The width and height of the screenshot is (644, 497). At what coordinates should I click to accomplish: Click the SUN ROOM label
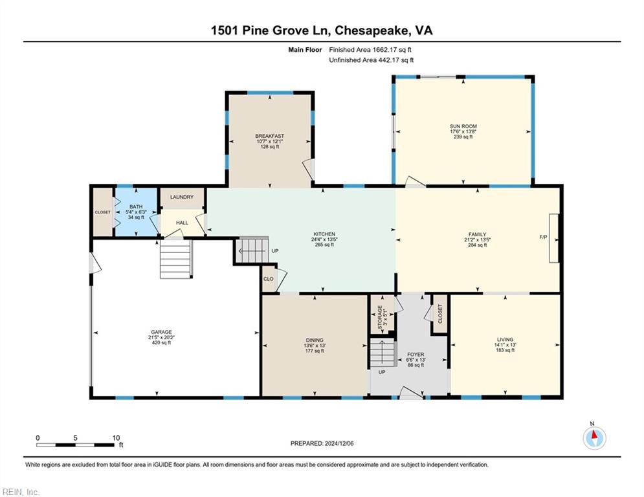click(463, 126)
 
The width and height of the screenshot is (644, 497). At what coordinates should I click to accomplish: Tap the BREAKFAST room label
click(269, 136)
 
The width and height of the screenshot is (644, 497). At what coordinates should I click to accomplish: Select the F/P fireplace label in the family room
click(543, 237)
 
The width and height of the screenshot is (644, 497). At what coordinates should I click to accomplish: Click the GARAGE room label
click(161, 332)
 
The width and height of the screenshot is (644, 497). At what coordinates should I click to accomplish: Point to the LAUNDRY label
click(181, 197)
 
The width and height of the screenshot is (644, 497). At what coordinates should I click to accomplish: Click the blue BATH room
click(136, 212)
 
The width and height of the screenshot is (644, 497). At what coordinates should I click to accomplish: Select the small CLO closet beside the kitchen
click(269, 279)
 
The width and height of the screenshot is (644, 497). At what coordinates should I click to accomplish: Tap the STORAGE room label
click(380, 315)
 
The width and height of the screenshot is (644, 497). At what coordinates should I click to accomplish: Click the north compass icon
click(594, 438)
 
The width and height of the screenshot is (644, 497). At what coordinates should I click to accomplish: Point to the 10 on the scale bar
click(117, 438)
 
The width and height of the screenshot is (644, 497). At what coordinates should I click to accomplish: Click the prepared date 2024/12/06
click(339, 443)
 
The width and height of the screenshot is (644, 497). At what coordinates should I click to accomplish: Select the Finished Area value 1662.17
click(386, 50)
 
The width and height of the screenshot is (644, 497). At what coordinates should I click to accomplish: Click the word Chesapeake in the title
click(372, 30)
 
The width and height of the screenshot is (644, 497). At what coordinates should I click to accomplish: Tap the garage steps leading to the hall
click(175, 260)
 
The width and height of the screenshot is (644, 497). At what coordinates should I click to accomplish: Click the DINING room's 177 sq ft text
click(315, 351)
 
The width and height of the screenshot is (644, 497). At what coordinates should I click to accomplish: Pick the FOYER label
click(416, 354)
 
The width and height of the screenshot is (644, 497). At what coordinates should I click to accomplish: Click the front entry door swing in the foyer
click(411, 393)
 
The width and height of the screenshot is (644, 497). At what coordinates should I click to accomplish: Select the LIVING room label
click(505, 340)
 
